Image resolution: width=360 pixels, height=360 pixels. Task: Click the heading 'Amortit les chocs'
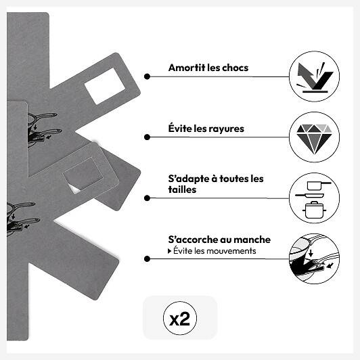[208, 68]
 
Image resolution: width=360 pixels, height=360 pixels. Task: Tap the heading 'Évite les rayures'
[206, 129]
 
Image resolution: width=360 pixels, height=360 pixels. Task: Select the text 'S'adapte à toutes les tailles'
[216, 184]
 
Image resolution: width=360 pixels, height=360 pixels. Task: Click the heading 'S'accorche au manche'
[219, 240]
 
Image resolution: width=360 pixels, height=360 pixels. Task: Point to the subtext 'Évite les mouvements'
[215, 250]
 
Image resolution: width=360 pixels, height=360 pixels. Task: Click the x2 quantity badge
[180, 318]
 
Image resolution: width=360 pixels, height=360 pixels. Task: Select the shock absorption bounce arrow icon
[315, 77]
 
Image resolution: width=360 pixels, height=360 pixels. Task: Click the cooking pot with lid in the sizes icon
[314, 210]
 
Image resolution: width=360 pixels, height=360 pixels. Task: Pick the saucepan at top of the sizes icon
[319, 185]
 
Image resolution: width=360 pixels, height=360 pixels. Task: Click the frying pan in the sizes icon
[309, 196]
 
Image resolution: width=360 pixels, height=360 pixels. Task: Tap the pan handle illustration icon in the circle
[314, 258]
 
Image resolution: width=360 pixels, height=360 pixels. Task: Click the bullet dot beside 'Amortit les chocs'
[147, 76]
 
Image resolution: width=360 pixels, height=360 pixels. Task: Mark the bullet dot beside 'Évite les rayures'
[147, 137]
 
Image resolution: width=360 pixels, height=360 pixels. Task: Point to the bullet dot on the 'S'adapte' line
[147, 198]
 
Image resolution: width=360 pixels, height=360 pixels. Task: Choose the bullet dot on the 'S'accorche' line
[147, 258]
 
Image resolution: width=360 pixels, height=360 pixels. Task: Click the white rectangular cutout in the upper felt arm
[105, 86]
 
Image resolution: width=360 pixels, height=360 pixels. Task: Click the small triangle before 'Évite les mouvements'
[169, 251]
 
